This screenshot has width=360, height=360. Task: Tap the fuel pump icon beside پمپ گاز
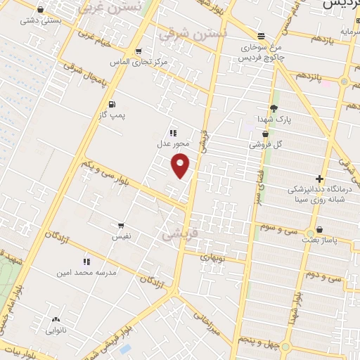(x=112, y=105)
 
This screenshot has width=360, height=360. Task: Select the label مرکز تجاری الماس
(x=142, y=62)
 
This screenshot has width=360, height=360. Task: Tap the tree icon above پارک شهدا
(x=274, y=108)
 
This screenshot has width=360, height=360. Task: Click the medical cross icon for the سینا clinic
(x=320, y=179)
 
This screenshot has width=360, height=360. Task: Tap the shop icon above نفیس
(x=121, y=226)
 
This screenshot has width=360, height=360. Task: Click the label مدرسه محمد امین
(x=87, y=271)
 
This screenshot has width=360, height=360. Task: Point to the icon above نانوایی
(x=56, y=319)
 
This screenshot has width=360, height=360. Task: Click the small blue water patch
(x=125, y=349)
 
